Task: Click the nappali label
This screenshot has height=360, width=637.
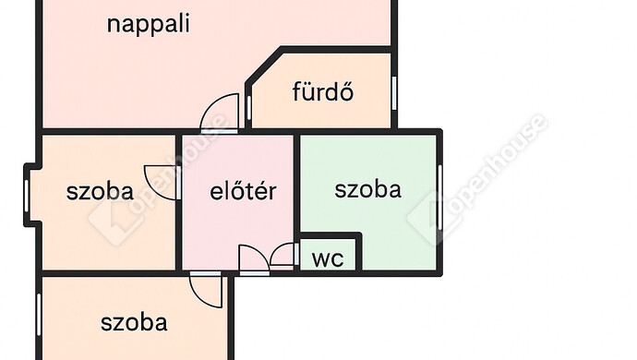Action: pos(149,24)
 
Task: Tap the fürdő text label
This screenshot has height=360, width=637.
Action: pos(323,92)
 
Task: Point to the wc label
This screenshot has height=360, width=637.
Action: pos(328,258)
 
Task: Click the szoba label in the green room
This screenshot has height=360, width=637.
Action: pos(367,189)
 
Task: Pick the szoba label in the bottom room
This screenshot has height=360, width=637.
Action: pos(134,323)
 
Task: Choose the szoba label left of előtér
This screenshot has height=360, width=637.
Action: pos(100,192)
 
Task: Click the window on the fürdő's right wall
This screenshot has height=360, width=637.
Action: pos(394,92)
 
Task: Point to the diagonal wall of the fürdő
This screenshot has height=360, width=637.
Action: pos(264,71)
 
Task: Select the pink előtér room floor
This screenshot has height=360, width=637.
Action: pos(238,222)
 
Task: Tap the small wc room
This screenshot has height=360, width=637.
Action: pos(329,255)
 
